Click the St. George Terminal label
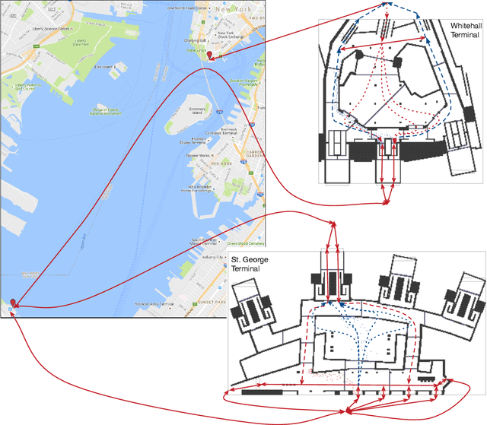(251, 264)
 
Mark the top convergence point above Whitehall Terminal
(387, 6)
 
